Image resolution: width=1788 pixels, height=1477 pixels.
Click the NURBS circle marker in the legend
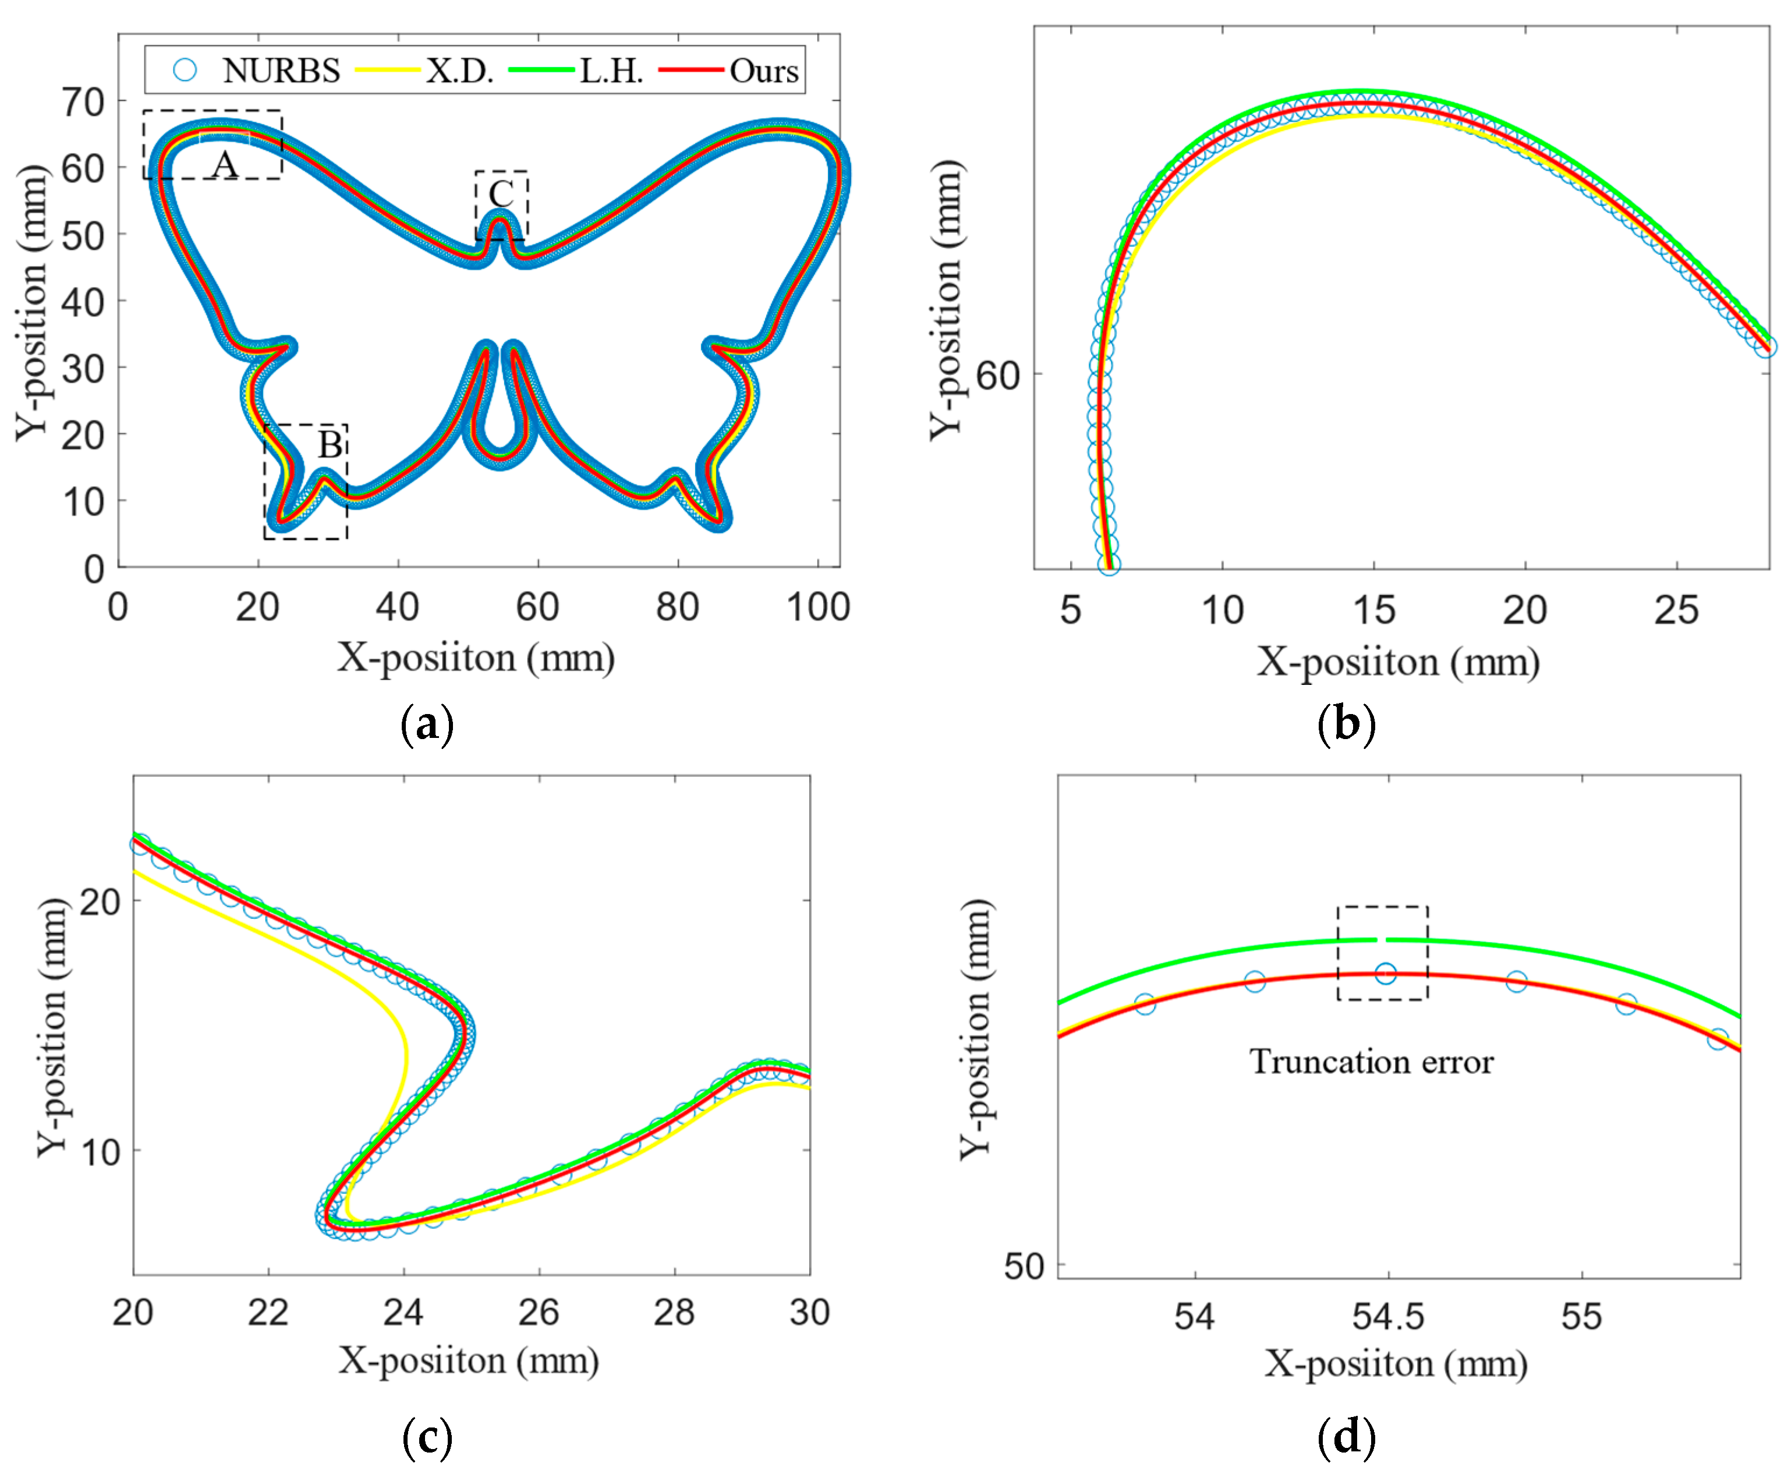coord(185,70)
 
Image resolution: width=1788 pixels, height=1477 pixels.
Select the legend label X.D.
coord(459,70)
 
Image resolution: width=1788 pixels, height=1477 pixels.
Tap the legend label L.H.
coord(611,70)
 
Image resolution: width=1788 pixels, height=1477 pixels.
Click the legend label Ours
coord(763,70)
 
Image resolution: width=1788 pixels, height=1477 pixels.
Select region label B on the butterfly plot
coord(330,444)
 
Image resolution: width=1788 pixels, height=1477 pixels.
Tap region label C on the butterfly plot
coord(501,194)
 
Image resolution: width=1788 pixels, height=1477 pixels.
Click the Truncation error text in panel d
coord(1371,1062)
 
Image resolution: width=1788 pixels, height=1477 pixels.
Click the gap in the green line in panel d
coord(1382,939)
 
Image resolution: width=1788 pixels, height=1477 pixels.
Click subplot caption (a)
coord(426,724)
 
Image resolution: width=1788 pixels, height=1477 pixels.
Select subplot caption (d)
coord(1346,1436)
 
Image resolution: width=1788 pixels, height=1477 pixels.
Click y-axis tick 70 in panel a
coord(83,102)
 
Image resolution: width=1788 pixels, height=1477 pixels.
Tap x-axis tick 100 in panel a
coord(817,607)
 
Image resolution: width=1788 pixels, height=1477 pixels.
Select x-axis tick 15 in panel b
coord(1373,610)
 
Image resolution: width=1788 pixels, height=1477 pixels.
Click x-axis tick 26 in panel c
coord(539,1313)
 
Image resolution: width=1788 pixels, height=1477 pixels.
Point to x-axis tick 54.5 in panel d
coord(1387,1317)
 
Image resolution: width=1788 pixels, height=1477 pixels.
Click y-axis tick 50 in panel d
coord(1024,1267)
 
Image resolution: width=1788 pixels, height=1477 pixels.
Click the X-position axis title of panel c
coord(469,1361)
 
